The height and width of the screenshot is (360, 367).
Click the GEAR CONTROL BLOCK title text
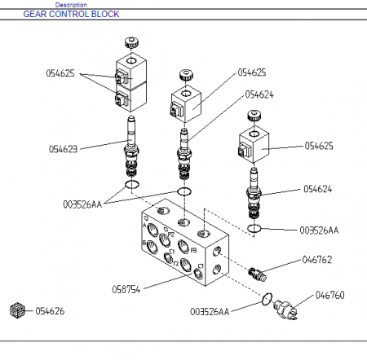point(71,14)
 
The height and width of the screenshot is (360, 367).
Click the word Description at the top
point(71,5)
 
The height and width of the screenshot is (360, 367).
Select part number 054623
point(63,149)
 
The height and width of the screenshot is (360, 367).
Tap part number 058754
point(126,289)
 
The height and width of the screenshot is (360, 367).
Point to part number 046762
point(317,260)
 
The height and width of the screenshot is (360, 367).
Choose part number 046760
point(329,295)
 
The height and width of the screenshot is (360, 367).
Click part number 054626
point(50,311)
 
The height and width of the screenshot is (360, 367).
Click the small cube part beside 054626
point(17,310)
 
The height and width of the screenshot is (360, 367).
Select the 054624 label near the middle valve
point(259,94)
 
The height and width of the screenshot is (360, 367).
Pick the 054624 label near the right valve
point(318,189)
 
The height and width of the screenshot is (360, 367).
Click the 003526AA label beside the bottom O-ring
point(210,312)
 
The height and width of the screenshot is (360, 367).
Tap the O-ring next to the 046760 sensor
point(267,299)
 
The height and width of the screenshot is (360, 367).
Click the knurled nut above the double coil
point(132,42)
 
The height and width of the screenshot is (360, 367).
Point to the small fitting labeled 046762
point(257,274)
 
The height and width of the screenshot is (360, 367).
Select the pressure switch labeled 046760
point(285,309)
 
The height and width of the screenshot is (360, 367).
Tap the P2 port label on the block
point(170,235)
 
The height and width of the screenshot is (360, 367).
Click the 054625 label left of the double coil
point(60,73)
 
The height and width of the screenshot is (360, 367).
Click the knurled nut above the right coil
point(254,116)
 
